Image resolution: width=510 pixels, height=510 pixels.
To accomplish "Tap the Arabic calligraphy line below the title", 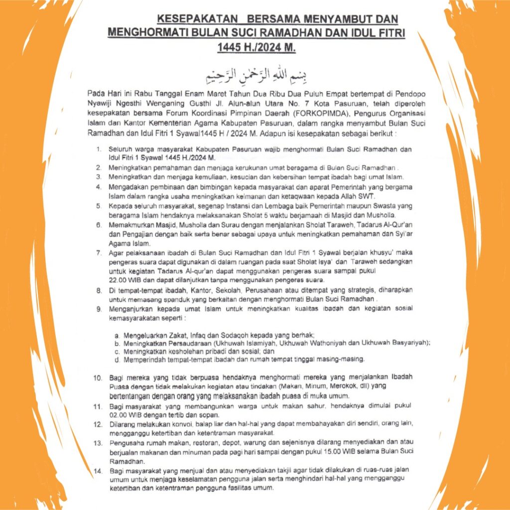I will [x=255, y=74].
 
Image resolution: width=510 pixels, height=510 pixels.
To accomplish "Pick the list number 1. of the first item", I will [x=99, y=149].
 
